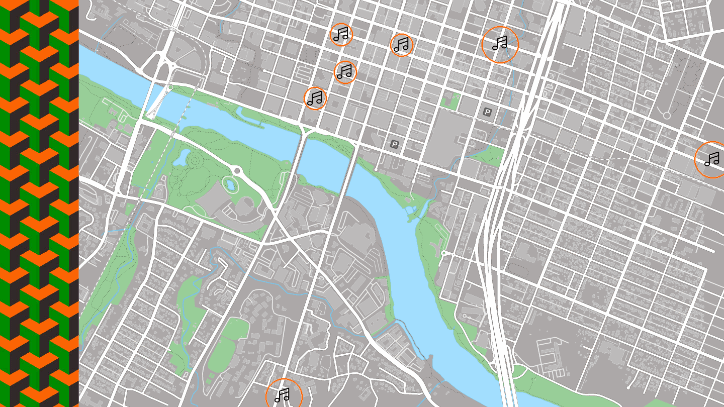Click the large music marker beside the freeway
[500, 44]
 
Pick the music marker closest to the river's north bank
[315, 98]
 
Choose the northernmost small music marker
[341, 34]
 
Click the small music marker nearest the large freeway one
[402, 45]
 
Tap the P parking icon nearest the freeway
[487, 112]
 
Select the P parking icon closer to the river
[395, 145]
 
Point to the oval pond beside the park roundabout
[230, 184]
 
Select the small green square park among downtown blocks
[450, 101]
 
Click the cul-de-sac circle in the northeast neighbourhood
[667, 116]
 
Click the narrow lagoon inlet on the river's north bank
[251, 114]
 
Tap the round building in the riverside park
[247, 206]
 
